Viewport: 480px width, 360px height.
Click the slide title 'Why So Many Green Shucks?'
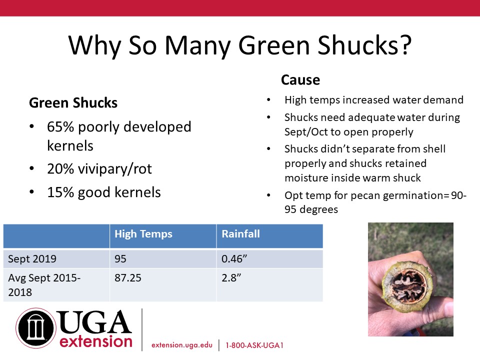pyautogui.click(x=239, y=45)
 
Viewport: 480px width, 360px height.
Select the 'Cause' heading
pyautogui.click(x=300, y=80)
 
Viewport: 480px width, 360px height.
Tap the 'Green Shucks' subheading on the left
pyautogui.click(x=73, y=103)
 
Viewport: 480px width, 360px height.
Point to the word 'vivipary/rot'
pyautogui.click(x=115, y=169)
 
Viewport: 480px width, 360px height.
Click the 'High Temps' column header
pyautogui.click(x=143, y=234)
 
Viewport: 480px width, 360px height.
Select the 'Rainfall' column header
pyautogui.click(x=240, y=234)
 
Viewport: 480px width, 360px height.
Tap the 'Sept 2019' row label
pyautogui.click(x=32, y=259)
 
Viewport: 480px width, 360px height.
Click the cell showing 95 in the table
pyautogui.click(x=120, y=259)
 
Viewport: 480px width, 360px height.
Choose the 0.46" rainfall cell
pyautogui.click(x=234, y=259)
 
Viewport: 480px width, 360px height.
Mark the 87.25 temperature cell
pyautogui.click(x=128, y=278)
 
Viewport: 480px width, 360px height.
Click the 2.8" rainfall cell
pyautogui.click(x=231, y=278)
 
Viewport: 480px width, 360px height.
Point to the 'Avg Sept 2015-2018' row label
pyautogui.click(x=44, y=285)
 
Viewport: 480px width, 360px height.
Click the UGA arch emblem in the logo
pyautogui.click(x=36, y=328)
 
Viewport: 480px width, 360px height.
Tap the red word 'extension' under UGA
pyautogui.click(x=96, y=341)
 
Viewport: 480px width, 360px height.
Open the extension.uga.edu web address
pyautogui.click(x=182, y=345)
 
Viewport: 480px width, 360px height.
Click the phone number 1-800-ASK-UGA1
pyautogui.click(x=254, y=345)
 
